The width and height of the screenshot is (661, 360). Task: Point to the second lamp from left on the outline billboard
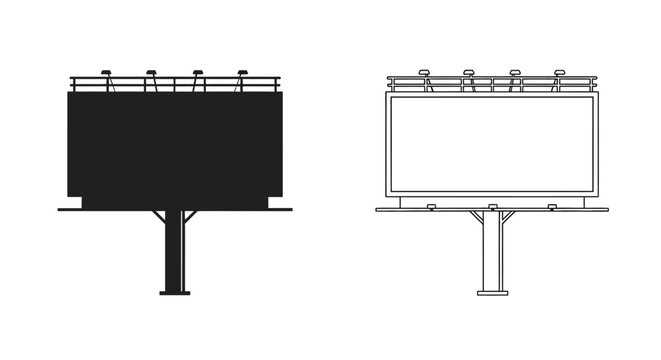[x=469, y=72]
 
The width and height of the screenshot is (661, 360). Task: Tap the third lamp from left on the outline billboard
[x=515, y=72]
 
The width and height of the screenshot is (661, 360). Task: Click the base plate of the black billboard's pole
[x=175, y=293]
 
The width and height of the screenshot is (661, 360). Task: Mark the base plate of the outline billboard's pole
[x=492, y=293]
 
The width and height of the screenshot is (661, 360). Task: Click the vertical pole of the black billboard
[x=175, y=255]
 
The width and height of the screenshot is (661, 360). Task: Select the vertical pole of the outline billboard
[x=492, y=255]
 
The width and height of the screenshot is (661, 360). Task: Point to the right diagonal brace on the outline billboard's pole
[x=508, y=218]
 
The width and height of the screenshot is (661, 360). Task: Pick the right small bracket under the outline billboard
[x=553, y=207]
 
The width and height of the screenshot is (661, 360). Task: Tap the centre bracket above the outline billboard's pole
[x=492, y=207]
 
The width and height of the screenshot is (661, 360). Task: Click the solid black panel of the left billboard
[x=175, y=145]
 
